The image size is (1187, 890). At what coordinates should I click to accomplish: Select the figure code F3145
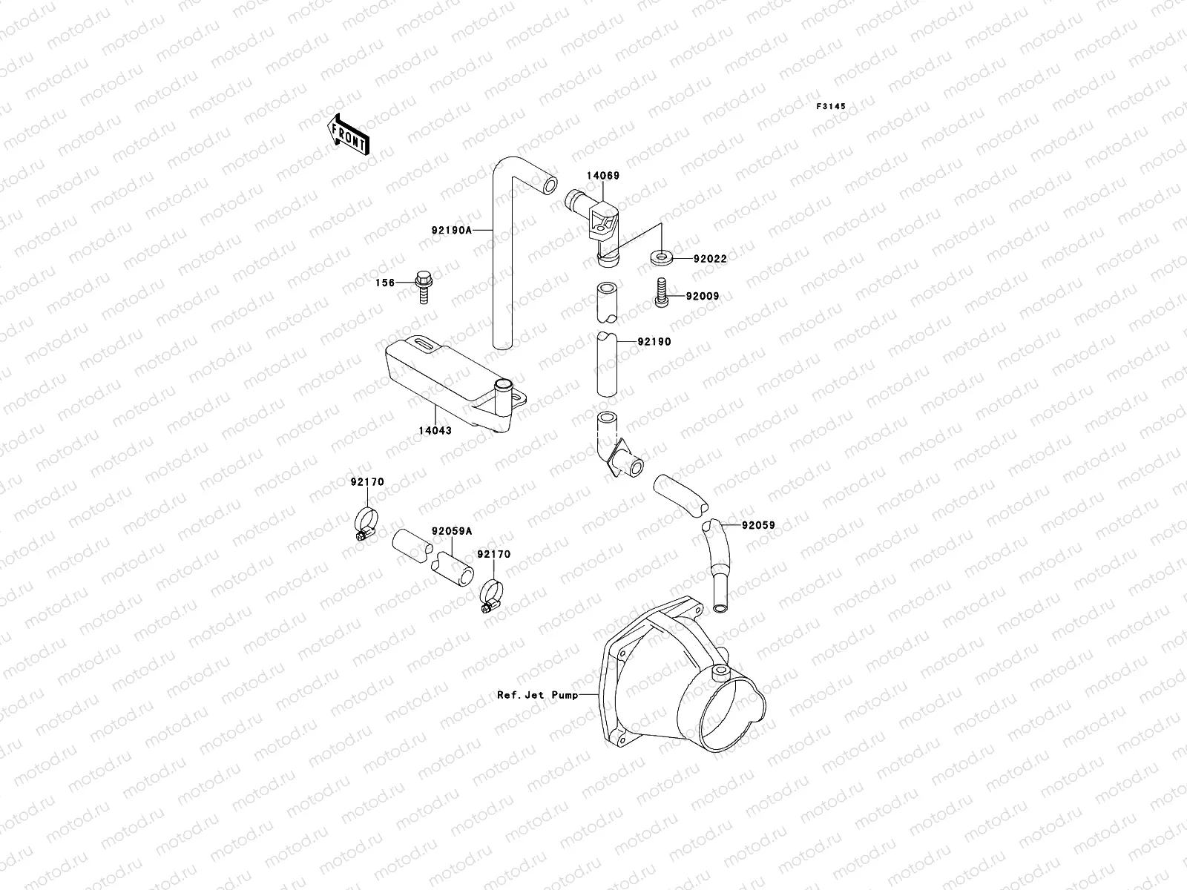click(x=831, y=107)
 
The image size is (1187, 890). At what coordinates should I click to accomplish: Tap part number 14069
click(x=602, y=177)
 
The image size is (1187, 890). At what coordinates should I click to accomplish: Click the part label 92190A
click(x=451, y=231)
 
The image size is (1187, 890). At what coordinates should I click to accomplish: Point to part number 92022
click(x=710, y=260)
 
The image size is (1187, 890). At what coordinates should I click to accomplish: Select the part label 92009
click(x=702, y=297)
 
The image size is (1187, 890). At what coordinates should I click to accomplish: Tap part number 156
click(x=384, y=283)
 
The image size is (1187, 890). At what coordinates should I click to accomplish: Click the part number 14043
click(x=435, y=430)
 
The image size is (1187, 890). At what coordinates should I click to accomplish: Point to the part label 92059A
click(x=451, y=531)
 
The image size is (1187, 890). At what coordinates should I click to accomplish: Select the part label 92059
click(x=757, y=525)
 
